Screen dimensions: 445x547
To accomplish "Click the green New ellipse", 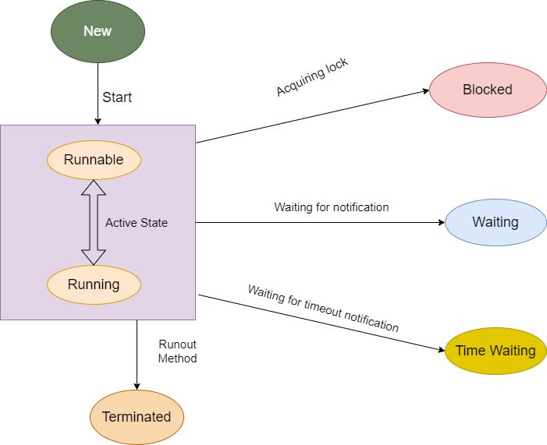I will (98, 31).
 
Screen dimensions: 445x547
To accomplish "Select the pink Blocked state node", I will (488, 90).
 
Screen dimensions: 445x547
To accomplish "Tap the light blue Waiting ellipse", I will (495, 222).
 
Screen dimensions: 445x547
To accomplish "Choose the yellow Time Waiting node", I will (495, 351).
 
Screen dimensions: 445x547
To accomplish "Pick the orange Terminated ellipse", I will (137, 417).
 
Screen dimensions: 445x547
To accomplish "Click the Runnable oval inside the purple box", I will (94, 160).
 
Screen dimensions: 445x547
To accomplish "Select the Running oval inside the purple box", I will (94, 284).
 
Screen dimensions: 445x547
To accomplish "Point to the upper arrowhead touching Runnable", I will (94, 185).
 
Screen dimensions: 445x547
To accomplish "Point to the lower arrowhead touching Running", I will (94, 258).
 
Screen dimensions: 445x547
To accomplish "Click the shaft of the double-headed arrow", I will (94, 222).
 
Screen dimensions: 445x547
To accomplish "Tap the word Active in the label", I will (121, 223).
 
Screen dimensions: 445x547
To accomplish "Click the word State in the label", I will (154, 223).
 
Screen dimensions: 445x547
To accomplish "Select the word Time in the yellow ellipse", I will (471, 351).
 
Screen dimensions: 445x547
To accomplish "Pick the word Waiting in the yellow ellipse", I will (513, 351).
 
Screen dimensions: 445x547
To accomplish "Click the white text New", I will (98, 31).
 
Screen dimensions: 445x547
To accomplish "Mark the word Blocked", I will (488, 90).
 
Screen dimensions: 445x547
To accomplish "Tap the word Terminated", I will (137, 417).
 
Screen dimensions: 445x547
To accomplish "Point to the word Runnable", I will (94, 160).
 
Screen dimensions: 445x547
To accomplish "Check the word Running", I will (94, 284).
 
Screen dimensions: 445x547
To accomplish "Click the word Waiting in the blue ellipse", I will (495, 222).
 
